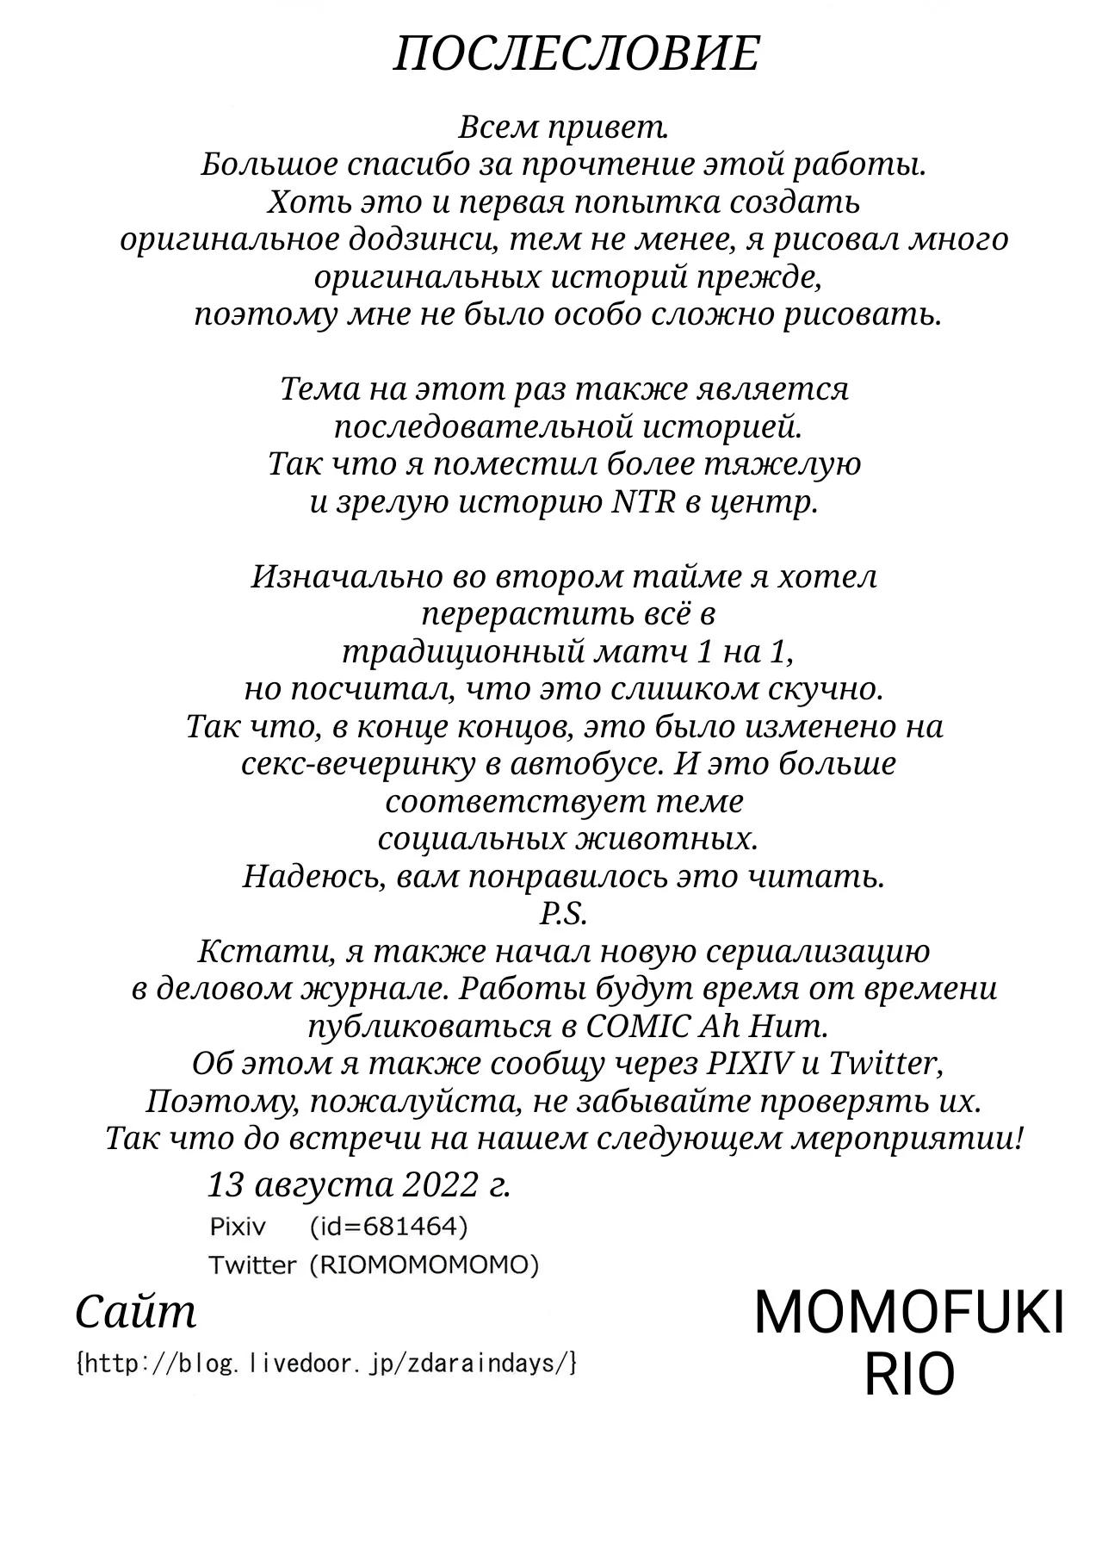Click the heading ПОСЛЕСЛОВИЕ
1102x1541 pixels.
[576, 55]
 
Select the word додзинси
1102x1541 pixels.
[423, 239]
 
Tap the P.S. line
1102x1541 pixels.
[564, 914]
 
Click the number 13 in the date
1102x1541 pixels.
[226, 1186]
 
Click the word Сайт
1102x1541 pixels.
[136, 1313]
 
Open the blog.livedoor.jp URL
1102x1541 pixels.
[326, 1364]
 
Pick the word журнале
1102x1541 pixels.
[375, 989]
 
